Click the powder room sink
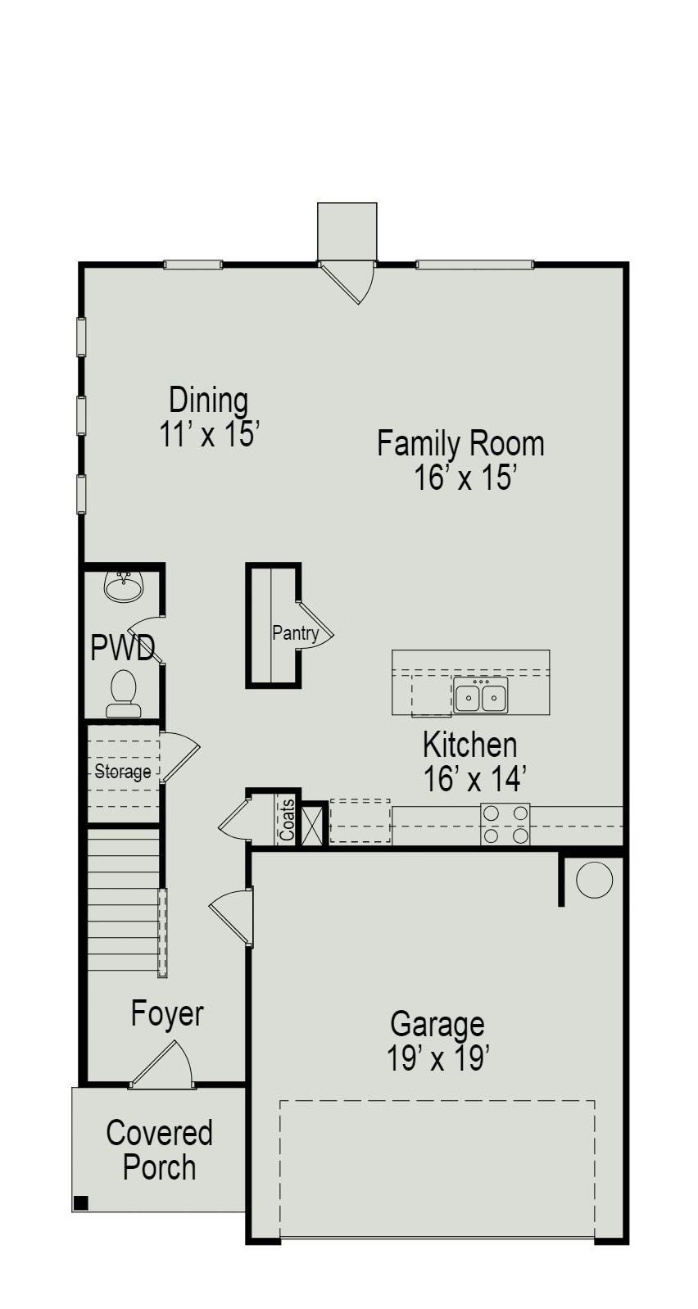(x=124, y=587)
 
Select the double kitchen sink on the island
(x=481, y=695)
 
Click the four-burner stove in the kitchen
(x=505, y=824)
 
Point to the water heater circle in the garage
(x=594, y=880)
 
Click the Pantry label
(x=296, y=633)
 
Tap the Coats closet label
(x=287, y=820)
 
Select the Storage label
(x=123, y=772)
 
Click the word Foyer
(x=167, y=1014)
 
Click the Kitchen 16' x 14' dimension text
(x=470, y=762)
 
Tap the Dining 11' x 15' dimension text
(x=209, y=417)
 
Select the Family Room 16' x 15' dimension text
(x=460, y=460)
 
